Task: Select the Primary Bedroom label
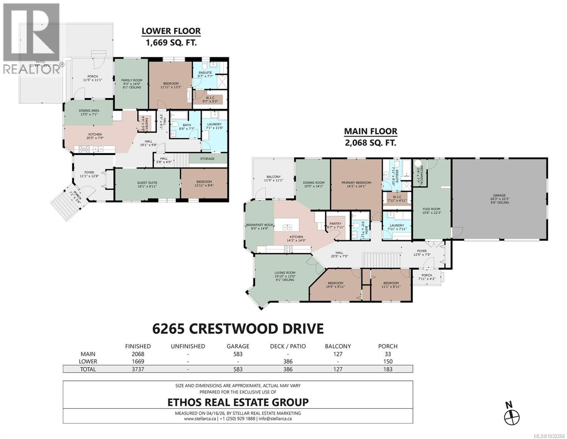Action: [356, 183]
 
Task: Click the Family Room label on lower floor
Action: [132, 80]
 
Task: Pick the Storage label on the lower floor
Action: [207, 159]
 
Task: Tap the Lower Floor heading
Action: [171, 31]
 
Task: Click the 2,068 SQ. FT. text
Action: [370, 143]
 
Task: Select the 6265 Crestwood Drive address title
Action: [238, 328]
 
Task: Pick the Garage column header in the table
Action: [238, 346]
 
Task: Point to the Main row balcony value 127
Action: [338, 354]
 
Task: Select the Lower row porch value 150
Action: [388, 361]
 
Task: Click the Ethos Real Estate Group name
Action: [238, 402]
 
